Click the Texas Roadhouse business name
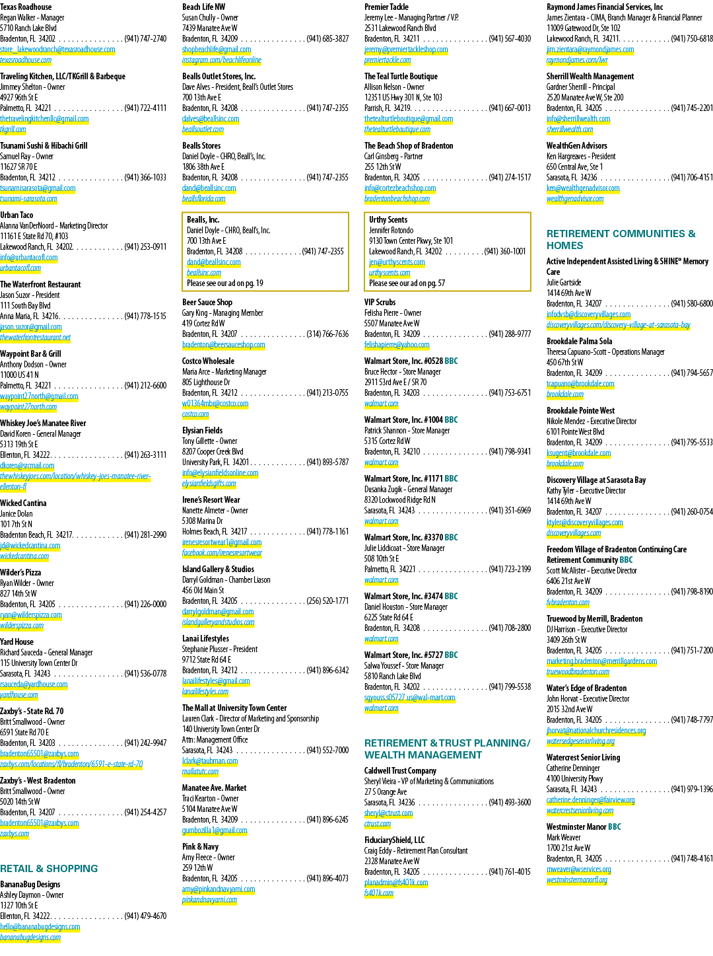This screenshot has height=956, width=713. (x=26, y=7)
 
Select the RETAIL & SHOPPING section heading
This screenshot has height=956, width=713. (x=49, y=868)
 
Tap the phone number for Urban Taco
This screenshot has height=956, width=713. (x=145, y=247)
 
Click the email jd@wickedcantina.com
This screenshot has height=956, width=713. (x=30, y=546)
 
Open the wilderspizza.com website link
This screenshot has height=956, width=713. (x=22, y=626)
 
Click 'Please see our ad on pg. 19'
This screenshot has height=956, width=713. (x=225, y=283)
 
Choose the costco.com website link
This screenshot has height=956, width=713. (x=195, y=414)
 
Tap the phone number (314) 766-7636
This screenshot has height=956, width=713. (x=327, y=334)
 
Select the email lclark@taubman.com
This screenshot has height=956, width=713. (x=210, y=761)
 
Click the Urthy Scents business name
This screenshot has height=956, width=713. (x=388, y=220)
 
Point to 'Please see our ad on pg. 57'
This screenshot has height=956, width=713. (x=407, y=283)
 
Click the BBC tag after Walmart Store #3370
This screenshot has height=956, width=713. (x=451, y=537)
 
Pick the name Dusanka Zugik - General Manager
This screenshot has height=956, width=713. (x=408, y=490)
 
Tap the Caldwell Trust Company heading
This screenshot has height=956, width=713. (x=400, y=771)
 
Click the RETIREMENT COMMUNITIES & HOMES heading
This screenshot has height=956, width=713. (x=621, y=240)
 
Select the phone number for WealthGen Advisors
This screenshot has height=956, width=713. (x=692, y=178)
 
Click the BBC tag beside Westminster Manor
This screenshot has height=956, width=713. (x=614, y=827)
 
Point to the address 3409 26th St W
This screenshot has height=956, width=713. (x=566, y=640)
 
